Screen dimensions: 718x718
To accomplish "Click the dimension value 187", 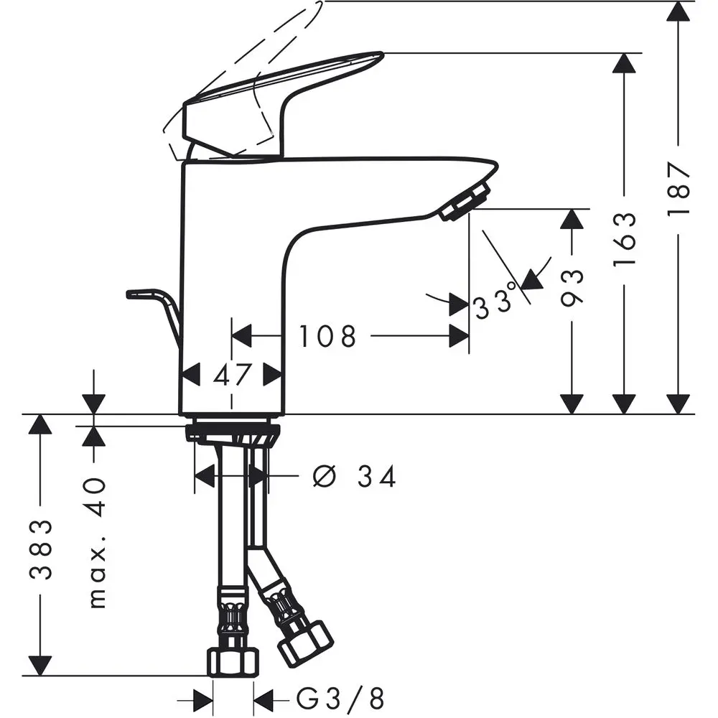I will point(679,189).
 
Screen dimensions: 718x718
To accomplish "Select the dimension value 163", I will point(625,239).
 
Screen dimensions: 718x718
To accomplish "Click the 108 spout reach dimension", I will point(327,335).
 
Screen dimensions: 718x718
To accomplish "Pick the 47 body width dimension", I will point(232,375).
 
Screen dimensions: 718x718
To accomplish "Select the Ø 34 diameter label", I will point(355,476).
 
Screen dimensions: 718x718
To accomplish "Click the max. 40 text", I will point(96,543).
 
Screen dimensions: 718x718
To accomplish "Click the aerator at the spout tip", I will point(465,202).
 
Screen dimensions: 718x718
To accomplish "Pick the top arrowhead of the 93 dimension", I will point(572,219).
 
